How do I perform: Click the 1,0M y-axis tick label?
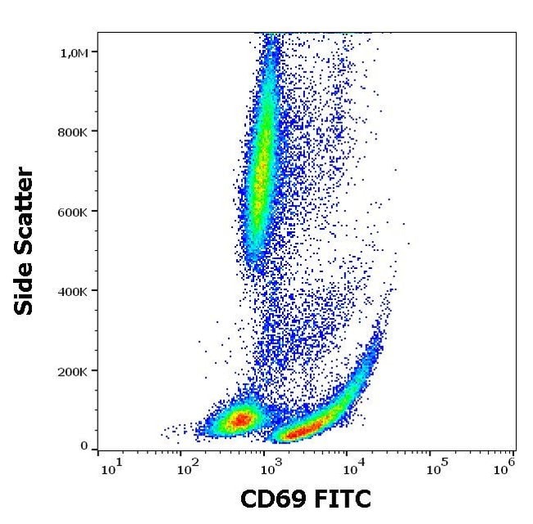tap(75, 52)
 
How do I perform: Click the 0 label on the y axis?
tap(84, 446)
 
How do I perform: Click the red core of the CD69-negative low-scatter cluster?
tap(240, 420)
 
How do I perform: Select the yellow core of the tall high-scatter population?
tap(261, 176)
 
